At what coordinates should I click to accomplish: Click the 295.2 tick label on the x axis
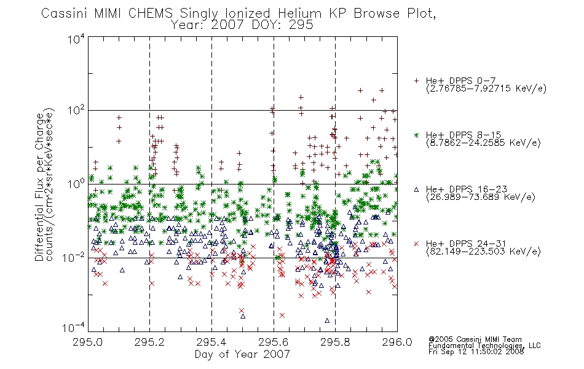[149, 342]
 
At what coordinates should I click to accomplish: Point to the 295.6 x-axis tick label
[274, 342]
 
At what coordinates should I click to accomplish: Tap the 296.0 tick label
[397, 342]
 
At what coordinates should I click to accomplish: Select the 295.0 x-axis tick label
[87, 342]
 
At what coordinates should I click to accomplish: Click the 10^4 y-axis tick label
[76, 39]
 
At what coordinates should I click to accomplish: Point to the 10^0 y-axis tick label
[76, 184]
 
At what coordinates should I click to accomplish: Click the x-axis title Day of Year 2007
[242, 354]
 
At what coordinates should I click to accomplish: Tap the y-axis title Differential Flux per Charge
[39, 187]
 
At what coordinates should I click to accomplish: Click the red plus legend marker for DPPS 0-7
[416, 81]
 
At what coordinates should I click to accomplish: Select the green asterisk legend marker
[416, 135]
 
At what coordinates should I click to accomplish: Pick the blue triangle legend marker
[416, 189]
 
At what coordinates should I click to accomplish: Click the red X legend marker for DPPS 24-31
[416, 244]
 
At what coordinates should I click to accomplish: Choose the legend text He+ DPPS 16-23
[467, 189]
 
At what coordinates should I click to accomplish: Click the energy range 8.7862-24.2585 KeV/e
[483, 143]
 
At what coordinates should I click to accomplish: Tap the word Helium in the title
[300, 14]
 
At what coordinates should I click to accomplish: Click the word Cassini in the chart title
[65, 14]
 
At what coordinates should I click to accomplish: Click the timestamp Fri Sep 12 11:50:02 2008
[476, 352]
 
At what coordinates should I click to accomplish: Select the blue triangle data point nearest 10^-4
[327, 320]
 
